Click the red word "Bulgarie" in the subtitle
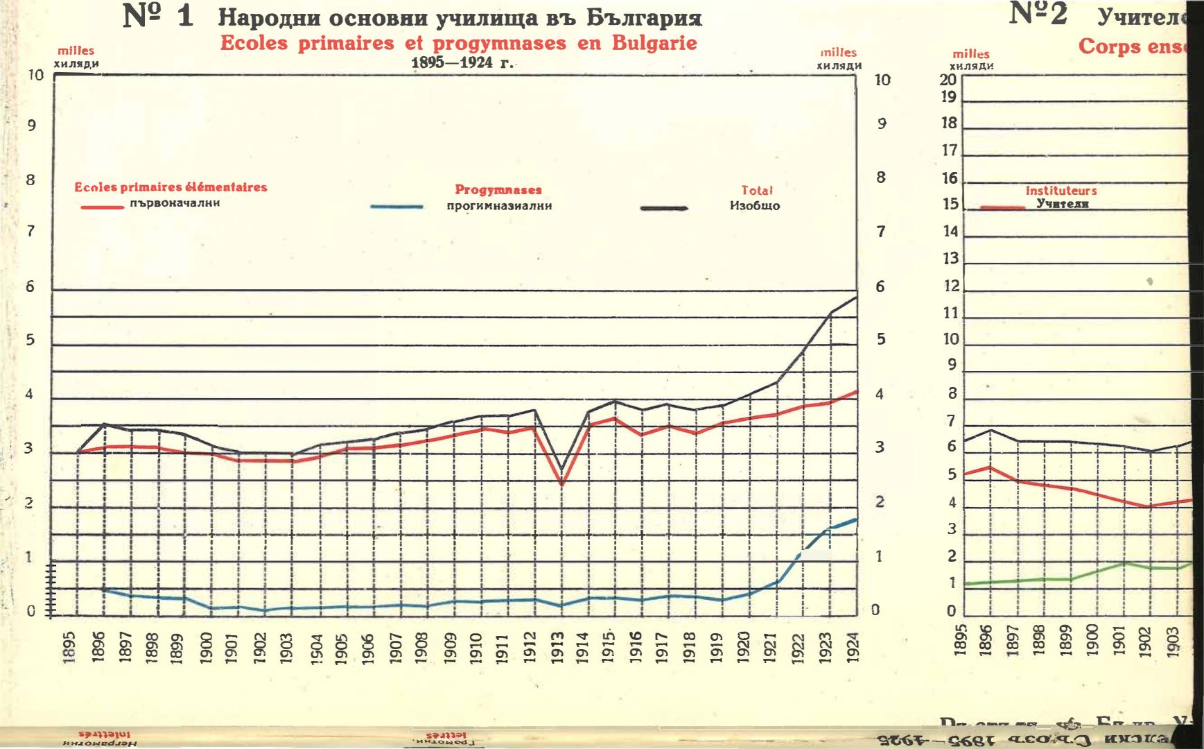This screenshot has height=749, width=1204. (x=654, y=43)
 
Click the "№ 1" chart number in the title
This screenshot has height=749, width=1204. (x=158, y=16)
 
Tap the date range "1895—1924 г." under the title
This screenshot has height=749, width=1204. (x=462, y=62)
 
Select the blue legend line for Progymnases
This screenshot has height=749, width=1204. (x=396, y=207)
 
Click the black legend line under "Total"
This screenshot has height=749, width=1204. (x=664, y=207)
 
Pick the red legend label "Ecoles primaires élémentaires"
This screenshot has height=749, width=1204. (x=171, y=187)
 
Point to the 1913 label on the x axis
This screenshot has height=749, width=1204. (x=557, y=647)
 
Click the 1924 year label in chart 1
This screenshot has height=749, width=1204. (x=853, y=647)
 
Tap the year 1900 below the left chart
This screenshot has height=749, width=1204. (x=206, y=647)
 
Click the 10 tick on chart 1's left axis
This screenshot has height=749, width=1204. (x=35, y=75)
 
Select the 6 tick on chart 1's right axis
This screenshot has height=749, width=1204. (x=880, y=286)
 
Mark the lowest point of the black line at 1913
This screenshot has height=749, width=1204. (x=561, y=470)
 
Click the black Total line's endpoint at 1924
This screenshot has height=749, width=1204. (x=857, y=298)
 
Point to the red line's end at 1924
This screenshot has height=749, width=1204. (x=857, y=392)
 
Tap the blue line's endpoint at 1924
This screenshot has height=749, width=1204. (x=857, y=519)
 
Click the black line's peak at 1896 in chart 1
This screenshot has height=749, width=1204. (x=104, y=424)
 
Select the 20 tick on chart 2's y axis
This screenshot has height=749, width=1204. (x=948, y=80)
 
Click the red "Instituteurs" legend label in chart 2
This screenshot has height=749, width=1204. (x=1061, y=190)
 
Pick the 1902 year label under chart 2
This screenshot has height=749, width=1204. (x=1145, y=640)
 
